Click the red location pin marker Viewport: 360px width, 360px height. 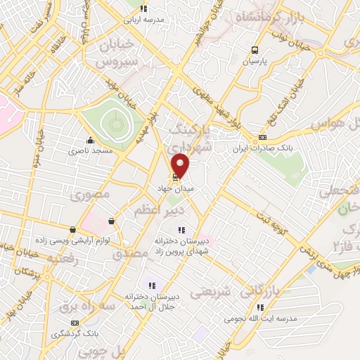[181, 165]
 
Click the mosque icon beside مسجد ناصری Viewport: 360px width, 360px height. [89, 139]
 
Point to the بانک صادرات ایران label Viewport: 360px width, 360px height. [262, 149]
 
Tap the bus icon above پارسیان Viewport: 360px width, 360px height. [255, 50]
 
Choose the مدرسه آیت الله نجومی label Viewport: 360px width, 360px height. [262, 319]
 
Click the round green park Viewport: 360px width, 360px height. [113, 124]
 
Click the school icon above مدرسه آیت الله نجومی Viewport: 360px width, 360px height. [261, 307]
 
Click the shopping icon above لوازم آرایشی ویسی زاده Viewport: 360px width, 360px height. [73, 229]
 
